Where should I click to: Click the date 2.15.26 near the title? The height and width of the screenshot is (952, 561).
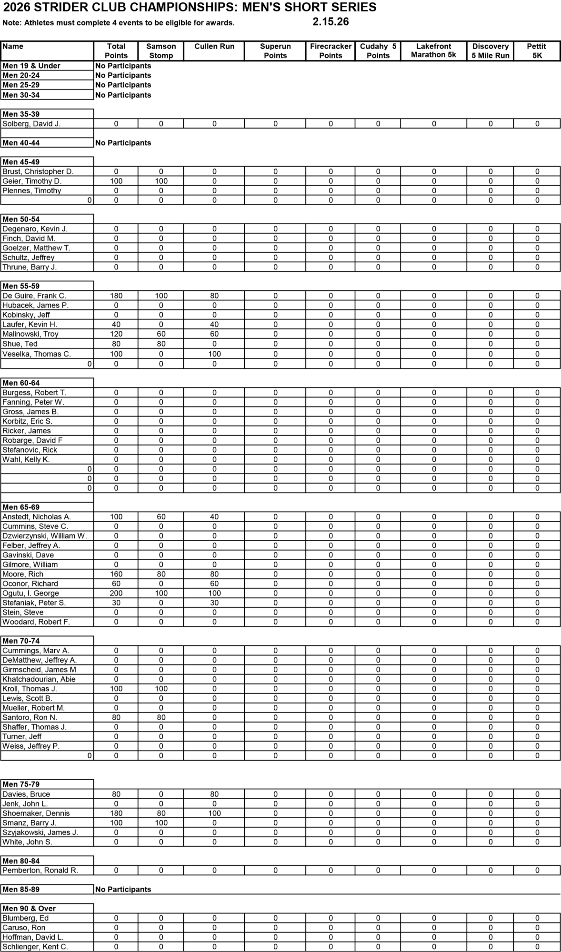coord(331,22)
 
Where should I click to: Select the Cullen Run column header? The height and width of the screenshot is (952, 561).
coord(214,46)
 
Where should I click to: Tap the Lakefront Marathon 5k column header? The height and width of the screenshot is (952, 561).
coord(433,50)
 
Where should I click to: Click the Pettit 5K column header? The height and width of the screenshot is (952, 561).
coord(537,50)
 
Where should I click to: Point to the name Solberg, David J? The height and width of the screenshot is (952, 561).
coord(31,124)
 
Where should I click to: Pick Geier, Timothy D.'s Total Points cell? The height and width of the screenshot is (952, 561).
coord(116,181)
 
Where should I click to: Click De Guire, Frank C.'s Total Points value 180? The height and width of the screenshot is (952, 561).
coord(116,296)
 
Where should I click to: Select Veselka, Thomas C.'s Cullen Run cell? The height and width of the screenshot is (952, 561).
coord(214,354)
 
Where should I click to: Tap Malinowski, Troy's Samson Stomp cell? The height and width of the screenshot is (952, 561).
coord(161,334)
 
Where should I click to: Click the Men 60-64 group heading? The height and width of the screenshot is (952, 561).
coord(21,383)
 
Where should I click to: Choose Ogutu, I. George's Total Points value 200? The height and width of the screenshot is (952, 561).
coord(116,593)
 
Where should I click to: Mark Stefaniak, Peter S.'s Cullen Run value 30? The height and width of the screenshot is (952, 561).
coord(214,603)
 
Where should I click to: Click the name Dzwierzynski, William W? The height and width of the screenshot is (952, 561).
coord(45,536)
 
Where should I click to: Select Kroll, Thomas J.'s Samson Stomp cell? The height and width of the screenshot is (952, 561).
coord(161,689)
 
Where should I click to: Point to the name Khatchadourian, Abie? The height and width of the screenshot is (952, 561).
coord(39,679)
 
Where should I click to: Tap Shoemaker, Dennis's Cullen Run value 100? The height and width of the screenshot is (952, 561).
coord(214,813)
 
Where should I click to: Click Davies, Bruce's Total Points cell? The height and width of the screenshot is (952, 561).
coord(116,794)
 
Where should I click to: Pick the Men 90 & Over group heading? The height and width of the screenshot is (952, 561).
coord(29,908)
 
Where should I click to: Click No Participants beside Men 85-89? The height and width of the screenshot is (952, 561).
coord(123,889)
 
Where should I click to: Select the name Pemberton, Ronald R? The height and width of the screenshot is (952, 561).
coord(40,870)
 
